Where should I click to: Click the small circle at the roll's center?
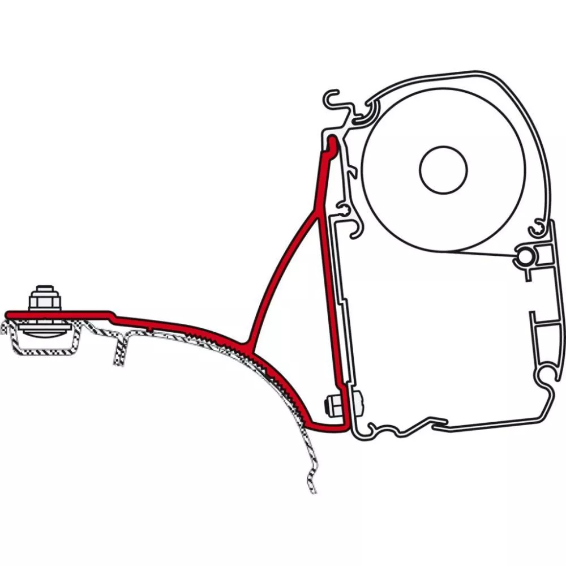(x=443, y=169)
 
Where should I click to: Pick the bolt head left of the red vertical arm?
(x=328, y=406)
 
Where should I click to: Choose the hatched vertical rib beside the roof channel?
(x=120, y=349)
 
